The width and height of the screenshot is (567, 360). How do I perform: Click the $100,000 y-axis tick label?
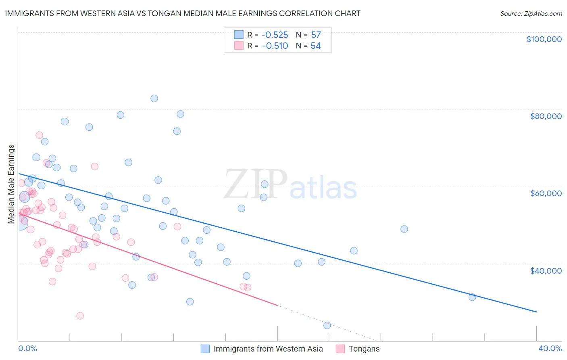pos(544,39)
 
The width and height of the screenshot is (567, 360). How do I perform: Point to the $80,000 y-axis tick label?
pos(546,116)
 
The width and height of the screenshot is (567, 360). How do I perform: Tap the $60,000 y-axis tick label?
pos(546,193)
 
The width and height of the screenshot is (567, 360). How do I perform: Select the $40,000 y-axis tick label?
pos(546,271)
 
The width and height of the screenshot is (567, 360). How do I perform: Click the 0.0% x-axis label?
pos(27,348)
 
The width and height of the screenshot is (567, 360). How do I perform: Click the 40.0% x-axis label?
pos(550,348)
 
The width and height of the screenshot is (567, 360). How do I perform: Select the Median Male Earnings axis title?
pos(11,184)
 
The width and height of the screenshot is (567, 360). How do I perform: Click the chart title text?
pos(183,13)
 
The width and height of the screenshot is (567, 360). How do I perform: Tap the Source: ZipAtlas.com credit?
pos(531,13)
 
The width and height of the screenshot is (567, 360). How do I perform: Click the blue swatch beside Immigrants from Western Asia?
pos(205,349)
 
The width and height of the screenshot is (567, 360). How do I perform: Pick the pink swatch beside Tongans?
pos(340,349)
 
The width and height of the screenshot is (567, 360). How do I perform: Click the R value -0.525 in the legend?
pos(275,35)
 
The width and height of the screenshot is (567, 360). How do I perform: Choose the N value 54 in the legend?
pos(315,46)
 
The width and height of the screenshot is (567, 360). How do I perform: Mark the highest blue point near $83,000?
pos(154,98)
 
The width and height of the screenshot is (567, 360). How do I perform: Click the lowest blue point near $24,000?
pos(327,325)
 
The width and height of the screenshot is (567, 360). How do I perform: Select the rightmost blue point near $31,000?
pos(472,297)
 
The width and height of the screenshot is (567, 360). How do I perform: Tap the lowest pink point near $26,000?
pos(80,316)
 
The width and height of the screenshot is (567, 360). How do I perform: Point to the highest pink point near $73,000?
pos(39,135)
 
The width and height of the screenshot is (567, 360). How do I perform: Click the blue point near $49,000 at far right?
pos(404,229)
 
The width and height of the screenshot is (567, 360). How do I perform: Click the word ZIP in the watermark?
pos(255,184)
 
